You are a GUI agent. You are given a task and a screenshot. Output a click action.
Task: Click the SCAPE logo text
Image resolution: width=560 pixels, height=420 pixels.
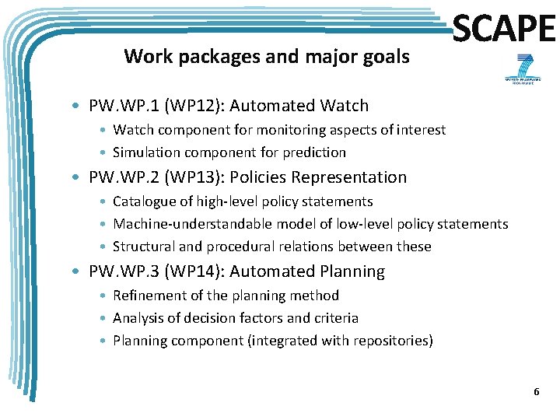[x=504, y=30]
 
